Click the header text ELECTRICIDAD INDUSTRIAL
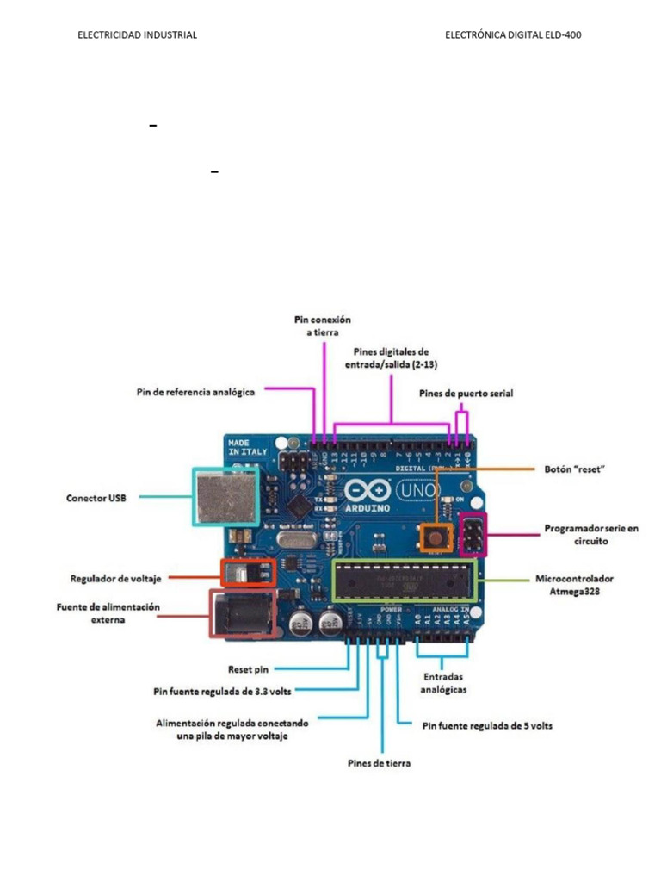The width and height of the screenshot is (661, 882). [x=138, y=35]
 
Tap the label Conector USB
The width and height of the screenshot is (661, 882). [x=96, y=498]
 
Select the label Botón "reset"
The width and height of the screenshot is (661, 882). [x=576, y=469]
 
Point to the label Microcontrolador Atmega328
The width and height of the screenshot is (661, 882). [x=574, y=584]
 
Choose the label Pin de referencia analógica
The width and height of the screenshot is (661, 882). [x=196, y=392]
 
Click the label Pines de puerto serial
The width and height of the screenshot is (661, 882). [x=466, y=393]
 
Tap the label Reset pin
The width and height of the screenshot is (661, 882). [x=249, y=668]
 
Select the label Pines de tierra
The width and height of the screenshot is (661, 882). [x=379, y=763]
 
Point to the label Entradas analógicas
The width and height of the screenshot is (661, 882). [x=444, y=683]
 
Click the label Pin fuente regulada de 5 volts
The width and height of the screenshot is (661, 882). [x=487, y=725]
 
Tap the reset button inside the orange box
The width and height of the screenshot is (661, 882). [x=436, y=537]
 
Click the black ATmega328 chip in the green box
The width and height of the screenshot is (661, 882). [x=403, y=581]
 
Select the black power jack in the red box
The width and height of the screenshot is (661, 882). [x=241, y=614]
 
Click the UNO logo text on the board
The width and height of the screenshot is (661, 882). [x=418, y=490]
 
